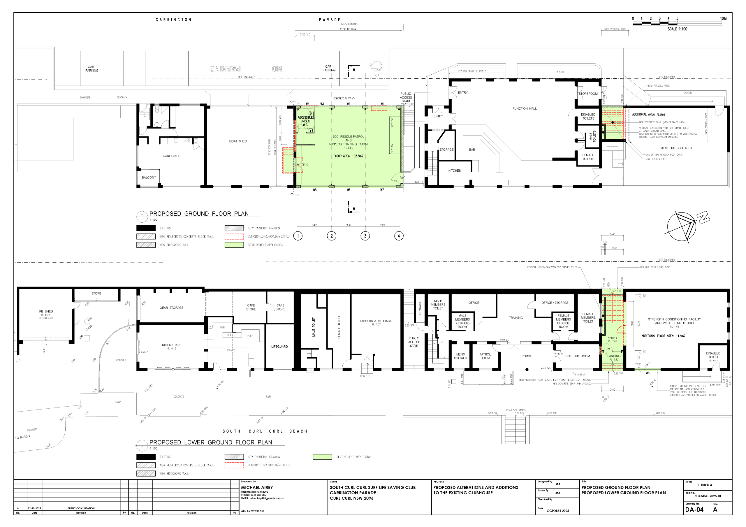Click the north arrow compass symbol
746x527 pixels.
coord(682,226)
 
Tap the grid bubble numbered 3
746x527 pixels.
coord(365,236)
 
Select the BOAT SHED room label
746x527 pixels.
coord(238,141)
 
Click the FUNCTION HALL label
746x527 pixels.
coord(525,108)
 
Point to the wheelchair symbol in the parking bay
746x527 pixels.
coord(376,68)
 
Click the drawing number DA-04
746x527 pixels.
coord(694,510)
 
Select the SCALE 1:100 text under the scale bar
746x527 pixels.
coord(677,29)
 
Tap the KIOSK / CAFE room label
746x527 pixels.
coord(172,345)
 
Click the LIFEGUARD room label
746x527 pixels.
coord(279,347)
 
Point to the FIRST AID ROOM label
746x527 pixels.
coord(577,356)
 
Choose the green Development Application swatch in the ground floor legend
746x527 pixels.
coord(234,245)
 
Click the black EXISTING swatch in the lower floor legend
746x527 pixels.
coord(146,457)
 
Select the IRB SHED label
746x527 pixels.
coord(45,311)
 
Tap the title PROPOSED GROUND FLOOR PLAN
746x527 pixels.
coord(199,214)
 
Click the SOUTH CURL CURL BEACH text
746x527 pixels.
coord(265,431)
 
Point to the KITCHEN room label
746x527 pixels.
coord(455,171)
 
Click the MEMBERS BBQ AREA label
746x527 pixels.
coord(676,148)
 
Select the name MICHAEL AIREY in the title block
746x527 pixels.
coord(257,487)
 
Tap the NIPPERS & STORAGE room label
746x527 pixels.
coord(376,321)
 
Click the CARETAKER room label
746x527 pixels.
coord(172,156)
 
